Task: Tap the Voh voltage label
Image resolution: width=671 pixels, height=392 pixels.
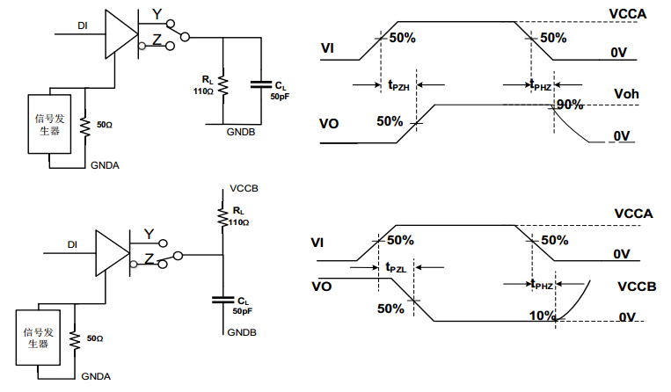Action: coord(626,95)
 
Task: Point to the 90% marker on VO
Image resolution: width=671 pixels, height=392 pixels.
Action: coord(569,105)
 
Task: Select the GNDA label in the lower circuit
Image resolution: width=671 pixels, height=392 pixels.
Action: coord(96,374)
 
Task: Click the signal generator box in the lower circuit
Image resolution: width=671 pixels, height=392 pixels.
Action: coord(37,338)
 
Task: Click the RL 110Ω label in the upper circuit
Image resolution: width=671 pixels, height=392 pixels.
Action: coord(204,86)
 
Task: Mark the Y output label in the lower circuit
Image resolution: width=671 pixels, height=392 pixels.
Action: coord(149,234)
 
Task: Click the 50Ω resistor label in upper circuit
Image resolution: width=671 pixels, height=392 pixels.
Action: coord(104,125)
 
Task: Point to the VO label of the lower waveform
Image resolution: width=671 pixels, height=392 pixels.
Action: coord(322,286)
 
